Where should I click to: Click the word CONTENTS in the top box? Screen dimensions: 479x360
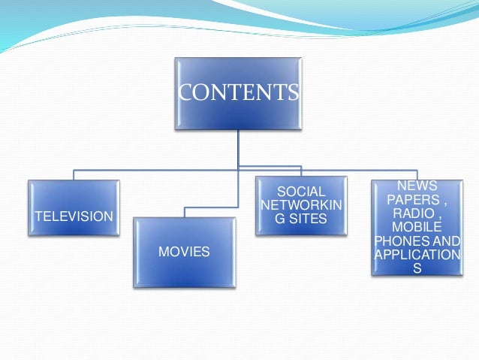(x=238, y=92)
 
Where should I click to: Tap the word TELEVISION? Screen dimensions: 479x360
(x=74, y=216)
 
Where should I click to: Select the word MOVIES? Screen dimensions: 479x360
(x=184, y=252)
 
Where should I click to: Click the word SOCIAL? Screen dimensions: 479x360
(x=301, y=192)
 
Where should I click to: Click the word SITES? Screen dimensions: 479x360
(x=308, y=219)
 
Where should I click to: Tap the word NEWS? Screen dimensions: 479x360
(x=417, y=186)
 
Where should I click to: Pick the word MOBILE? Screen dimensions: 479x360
(x=417, y=226)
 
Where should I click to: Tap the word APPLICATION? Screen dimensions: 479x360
(x=417, y=254)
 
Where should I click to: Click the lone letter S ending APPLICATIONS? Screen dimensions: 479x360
(x=417, y=268)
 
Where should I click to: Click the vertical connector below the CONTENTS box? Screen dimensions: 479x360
(x=238, y=147)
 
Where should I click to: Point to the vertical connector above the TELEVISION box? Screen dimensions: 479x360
(x=74, y=174)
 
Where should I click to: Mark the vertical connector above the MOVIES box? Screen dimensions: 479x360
(x=184, y=212)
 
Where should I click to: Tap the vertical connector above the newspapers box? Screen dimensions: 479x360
(x=417, y=172)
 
